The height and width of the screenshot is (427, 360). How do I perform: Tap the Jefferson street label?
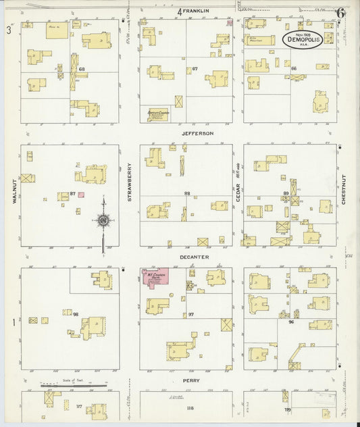197,134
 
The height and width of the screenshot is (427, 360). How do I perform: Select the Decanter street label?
195,257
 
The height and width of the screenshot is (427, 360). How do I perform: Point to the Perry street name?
191,380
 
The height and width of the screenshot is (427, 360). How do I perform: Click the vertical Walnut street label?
13,191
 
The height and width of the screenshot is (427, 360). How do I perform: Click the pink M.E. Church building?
155,278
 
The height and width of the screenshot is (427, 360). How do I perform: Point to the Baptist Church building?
157,114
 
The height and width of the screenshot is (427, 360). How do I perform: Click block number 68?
81,70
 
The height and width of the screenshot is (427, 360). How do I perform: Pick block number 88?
186,193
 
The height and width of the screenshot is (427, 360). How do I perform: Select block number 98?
76,314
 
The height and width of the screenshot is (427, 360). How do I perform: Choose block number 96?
291,322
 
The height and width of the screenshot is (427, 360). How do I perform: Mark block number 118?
189,408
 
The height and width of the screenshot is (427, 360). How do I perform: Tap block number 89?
286,194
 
